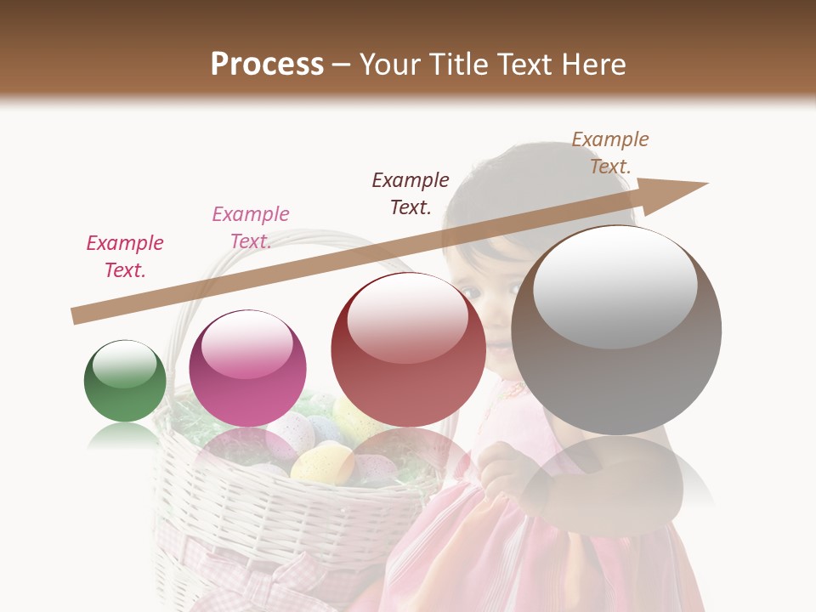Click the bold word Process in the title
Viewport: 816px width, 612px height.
(267, 65)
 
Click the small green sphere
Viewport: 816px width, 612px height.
(125, 381)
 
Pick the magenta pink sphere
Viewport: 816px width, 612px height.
(247, 368)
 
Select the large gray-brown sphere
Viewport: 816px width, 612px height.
(616, 330)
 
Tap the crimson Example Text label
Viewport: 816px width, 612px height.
(125, 257)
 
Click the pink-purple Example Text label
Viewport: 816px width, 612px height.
(251, 228)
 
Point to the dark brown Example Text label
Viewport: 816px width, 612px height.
(411, 193)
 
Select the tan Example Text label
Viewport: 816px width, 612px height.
(610, 153)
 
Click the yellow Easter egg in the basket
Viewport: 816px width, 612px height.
(321, 462)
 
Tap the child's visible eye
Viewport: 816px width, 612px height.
(471, 292)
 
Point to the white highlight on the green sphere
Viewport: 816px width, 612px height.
(125, 363)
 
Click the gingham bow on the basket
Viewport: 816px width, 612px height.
(255, 586)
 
